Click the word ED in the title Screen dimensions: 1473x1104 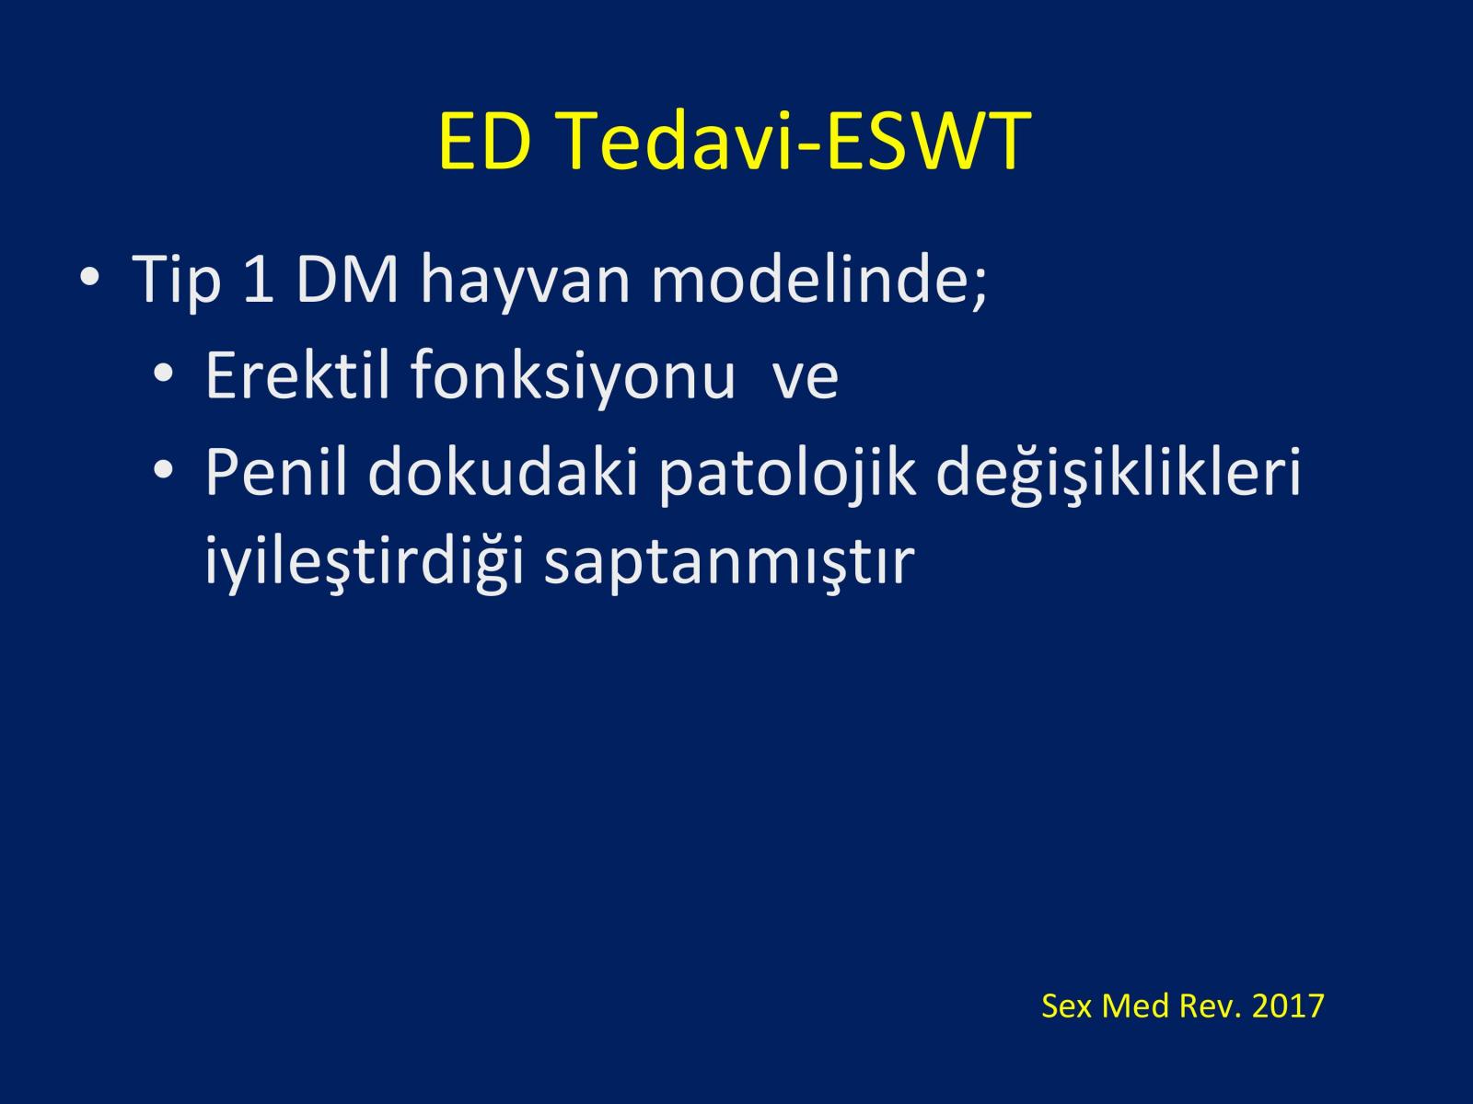coord(484,141)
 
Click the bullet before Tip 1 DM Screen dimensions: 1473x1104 coord(89,276)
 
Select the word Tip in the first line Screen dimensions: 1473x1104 coord(177,281)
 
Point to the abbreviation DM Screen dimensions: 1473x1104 coord(347,280)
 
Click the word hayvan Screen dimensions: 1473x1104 coord(525,282)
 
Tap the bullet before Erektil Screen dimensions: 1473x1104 coord(163,373)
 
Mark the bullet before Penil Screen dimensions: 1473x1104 coord(163,470)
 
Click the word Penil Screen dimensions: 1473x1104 coord(276,471)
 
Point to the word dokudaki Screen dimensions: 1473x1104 coord(503,471)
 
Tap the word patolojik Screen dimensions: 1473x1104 coord(787,475)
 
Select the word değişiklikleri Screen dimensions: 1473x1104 coord(1119,475)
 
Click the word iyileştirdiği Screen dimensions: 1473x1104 coord(364,562)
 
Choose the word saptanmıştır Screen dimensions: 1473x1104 coord(729,564)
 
